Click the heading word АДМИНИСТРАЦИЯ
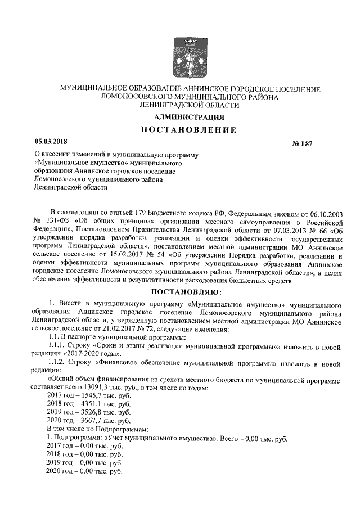(x=190, y=118)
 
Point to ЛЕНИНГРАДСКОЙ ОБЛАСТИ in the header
(x=190, y=105)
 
